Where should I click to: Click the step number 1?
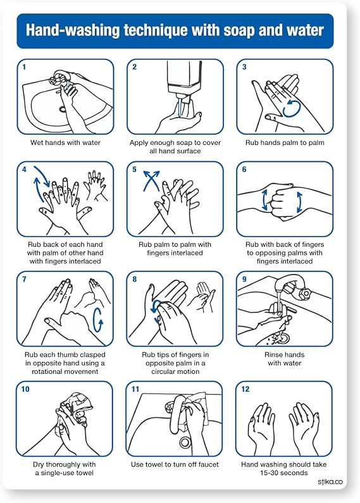(x=25, y=66)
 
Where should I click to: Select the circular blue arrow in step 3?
(x=292, y=108)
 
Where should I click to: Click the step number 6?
(x=244, y=170)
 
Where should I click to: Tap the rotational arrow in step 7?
(x=98, y=320)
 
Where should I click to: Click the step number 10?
(x=25, y=389)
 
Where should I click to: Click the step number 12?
(x=245, y=389)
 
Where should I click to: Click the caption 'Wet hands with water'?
(x=65, y=143)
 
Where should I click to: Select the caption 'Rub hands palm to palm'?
(x=285, y=143)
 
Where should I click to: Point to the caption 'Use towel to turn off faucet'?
(x=175, y=465)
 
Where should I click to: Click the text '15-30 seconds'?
(x=285, y=473)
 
